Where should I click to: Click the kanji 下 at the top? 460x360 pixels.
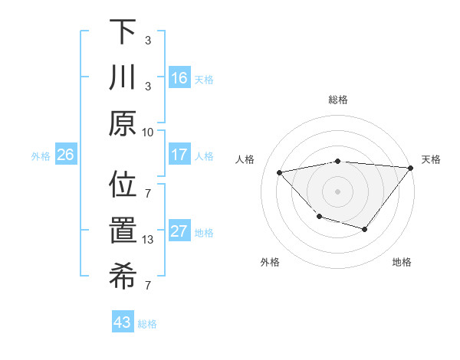(x=123, y=32)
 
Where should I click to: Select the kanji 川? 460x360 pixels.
(x=123, y=78)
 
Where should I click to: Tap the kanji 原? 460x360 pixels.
(x=123, y=124)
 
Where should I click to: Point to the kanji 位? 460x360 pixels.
(x=123, y=185)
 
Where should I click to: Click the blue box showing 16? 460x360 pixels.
(x=179, y=78)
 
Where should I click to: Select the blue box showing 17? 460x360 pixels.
(x=179, y=155)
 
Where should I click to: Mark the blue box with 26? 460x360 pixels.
(x=65, y=155)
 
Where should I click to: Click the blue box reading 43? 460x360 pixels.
(x=123, y=322)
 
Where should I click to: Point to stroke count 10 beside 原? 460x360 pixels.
(x=148, y=131)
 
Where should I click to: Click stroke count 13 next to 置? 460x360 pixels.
(x=148, y=240)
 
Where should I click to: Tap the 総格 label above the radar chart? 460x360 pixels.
(x=337, y=100)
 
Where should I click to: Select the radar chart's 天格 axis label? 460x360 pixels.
(x=431, y=159)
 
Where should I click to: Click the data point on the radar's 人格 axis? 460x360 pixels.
(x=280, y=172)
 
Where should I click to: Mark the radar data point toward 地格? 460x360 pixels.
(x=365, y=229)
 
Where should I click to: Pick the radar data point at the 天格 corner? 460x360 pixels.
(x=411, y=168)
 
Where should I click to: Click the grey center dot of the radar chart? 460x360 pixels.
(x=337, y=191)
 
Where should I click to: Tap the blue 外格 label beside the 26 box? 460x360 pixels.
(x=41, y=155)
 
